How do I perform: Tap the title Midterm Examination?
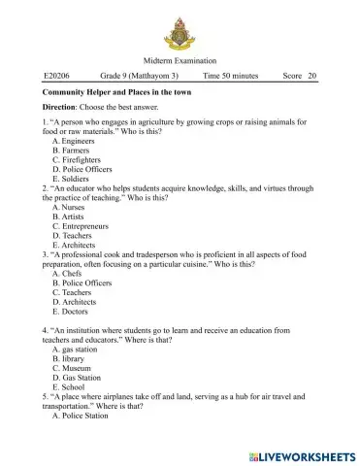(x=180, y=60)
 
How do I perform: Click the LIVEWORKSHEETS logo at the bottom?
(x=301, y=454)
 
